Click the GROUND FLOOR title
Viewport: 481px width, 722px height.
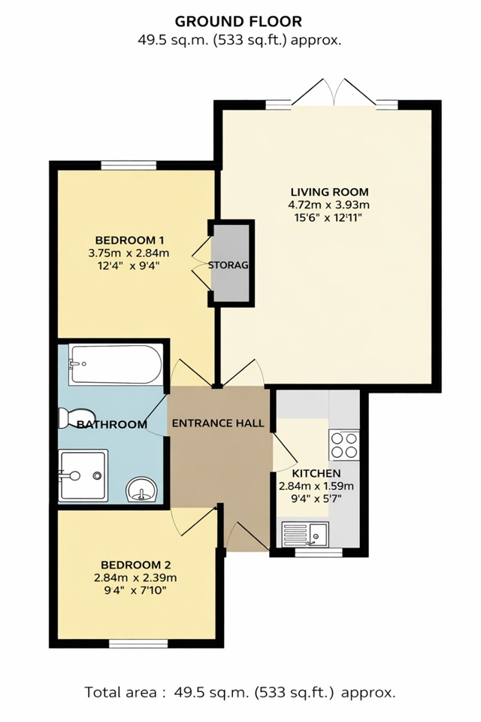click(239, 22)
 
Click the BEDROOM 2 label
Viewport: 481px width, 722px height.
click(131, 565)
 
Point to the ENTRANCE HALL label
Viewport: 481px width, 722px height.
click(219, 423)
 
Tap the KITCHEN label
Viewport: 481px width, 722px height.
click(316, 473)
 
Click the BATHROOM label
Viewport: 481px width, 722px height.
click(112, 425)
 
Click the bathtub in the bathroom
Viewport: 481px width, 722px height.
click(114, 365)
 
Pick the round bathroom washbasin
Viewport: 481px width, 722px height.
click(141, 490)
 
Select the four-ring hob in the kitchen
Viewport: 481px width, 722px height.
click(344, 444)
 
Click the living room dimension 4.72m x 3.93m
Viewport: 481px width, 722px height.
click(329, 205)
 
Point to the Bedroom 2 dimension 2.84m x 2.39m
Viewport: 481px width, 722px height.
click(131, 578)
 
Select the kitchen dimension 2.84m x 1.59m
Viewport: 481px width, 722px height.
click(316, 486)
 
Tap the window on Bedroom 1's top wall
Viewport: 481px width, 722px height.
click(129, 165)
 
